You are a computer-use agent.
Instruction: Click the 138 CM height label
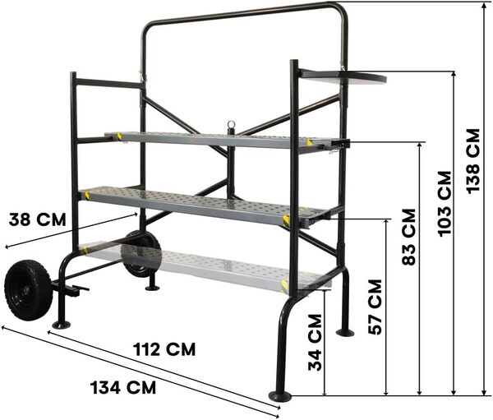click(x=474, y=159)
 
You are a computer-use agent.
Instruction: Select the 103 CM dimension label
click(x=445, y=203)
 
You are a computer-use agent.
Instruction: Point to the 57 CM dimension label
click(x=375, y=306)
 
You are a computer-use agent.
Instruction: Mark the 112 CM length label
click(x=164, y=349)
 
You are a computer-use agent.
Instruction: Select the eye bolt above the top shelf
click(x=231, y=127)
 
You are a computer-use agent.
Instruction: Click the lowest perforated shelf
click(x=205, y=265)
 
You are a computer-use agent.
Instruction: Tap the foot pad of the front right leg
click(x=280, y=396)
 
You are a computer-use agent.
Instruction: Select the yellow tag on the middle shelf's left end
click(x=87, y=196)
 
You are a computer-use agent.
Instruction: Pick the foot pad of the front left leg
click(x=61, y=325)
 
